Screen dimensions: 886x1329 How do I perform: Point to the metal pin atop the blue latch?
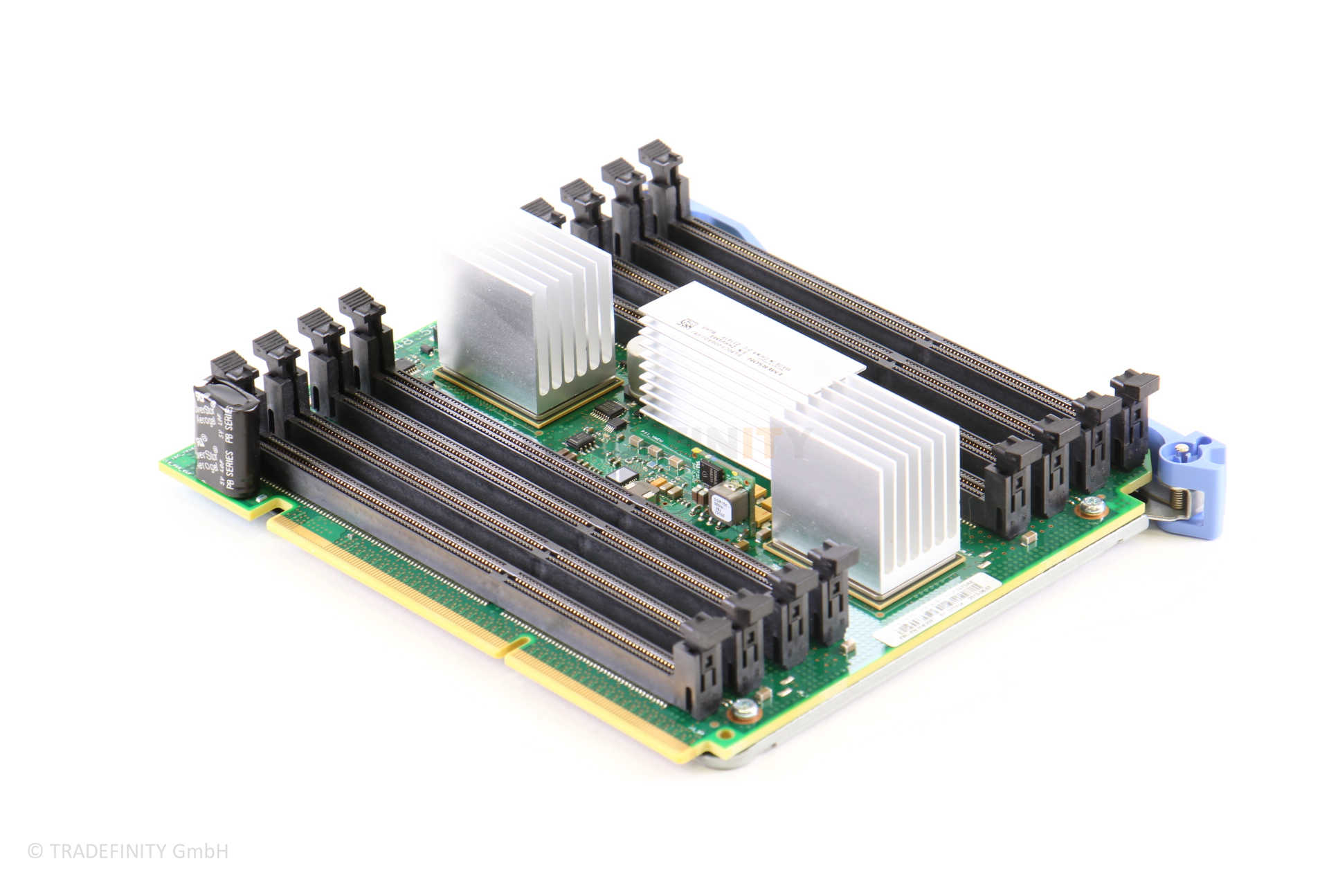[x=1186, y=451]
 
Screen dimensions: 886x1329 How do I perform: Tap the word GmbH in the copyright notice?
[x=208, y=851]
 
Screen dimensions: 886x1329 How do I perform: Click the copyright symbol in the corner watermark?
[x=35, y=851]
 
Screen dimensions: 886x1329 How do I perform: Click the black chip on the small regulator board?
[x=711, y=470]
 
